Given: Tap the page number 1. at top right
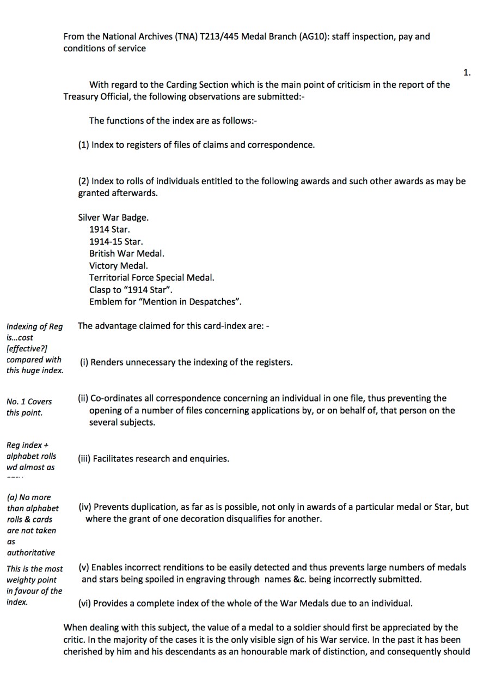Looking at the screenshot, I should click(467, 72).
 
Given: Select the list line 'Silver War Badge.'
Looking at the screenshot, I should click(113, 217).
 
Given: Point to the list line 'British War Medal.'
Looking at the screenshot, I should click(127, 253).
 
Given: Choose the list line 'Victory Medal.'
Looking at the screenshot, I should click(119, 266).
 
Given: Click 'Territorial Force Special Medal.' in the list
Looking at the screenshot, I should click(152, 278).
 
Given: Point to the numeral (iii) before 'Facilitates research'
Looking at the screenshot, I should click(84, 459).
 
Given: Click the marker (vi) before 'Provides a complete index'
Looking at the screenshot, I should click(85, 604).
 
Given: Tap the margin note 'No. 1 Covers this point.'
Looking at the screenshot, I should click(29, 407).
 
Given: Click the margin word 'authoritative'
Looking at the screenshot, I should click(31, 552).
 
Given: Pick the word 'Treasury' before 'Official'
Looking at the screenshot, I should click(80, 96).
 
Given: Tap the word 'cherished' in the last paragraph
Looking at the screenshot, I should click(83, 651).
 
